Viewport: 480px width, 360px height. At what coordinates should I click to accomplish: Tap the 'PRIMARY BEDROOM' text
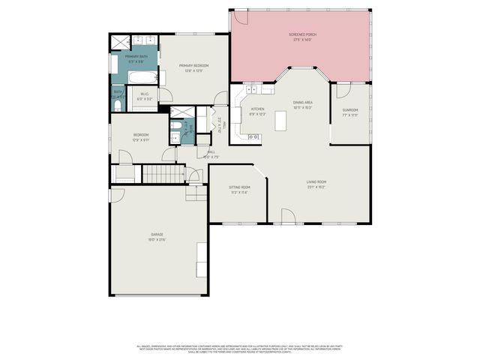[x=193, y=66]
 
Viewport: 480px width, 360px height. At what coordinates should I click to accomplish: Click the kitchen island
[x=282, y=120]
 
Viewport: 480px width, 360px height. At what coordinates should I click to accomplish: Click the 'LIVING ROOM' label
[x=316, y=182]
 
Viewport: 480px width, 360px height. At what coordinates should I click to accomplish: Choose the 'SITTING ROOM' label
[x=239, y=187]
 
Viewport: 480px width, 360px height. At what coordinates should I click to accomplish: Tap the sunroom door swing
[x=341, y=91]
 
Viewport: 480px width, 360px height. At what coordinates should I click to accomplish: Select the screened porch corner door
[x=240, y=17]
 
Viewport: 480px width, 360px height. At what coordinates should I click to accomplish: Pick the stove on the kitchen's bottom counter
[x=253, y=136]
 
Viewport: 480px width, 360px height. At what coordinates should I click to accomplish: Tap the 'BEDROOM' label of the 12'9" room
[x=141, y=135]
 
